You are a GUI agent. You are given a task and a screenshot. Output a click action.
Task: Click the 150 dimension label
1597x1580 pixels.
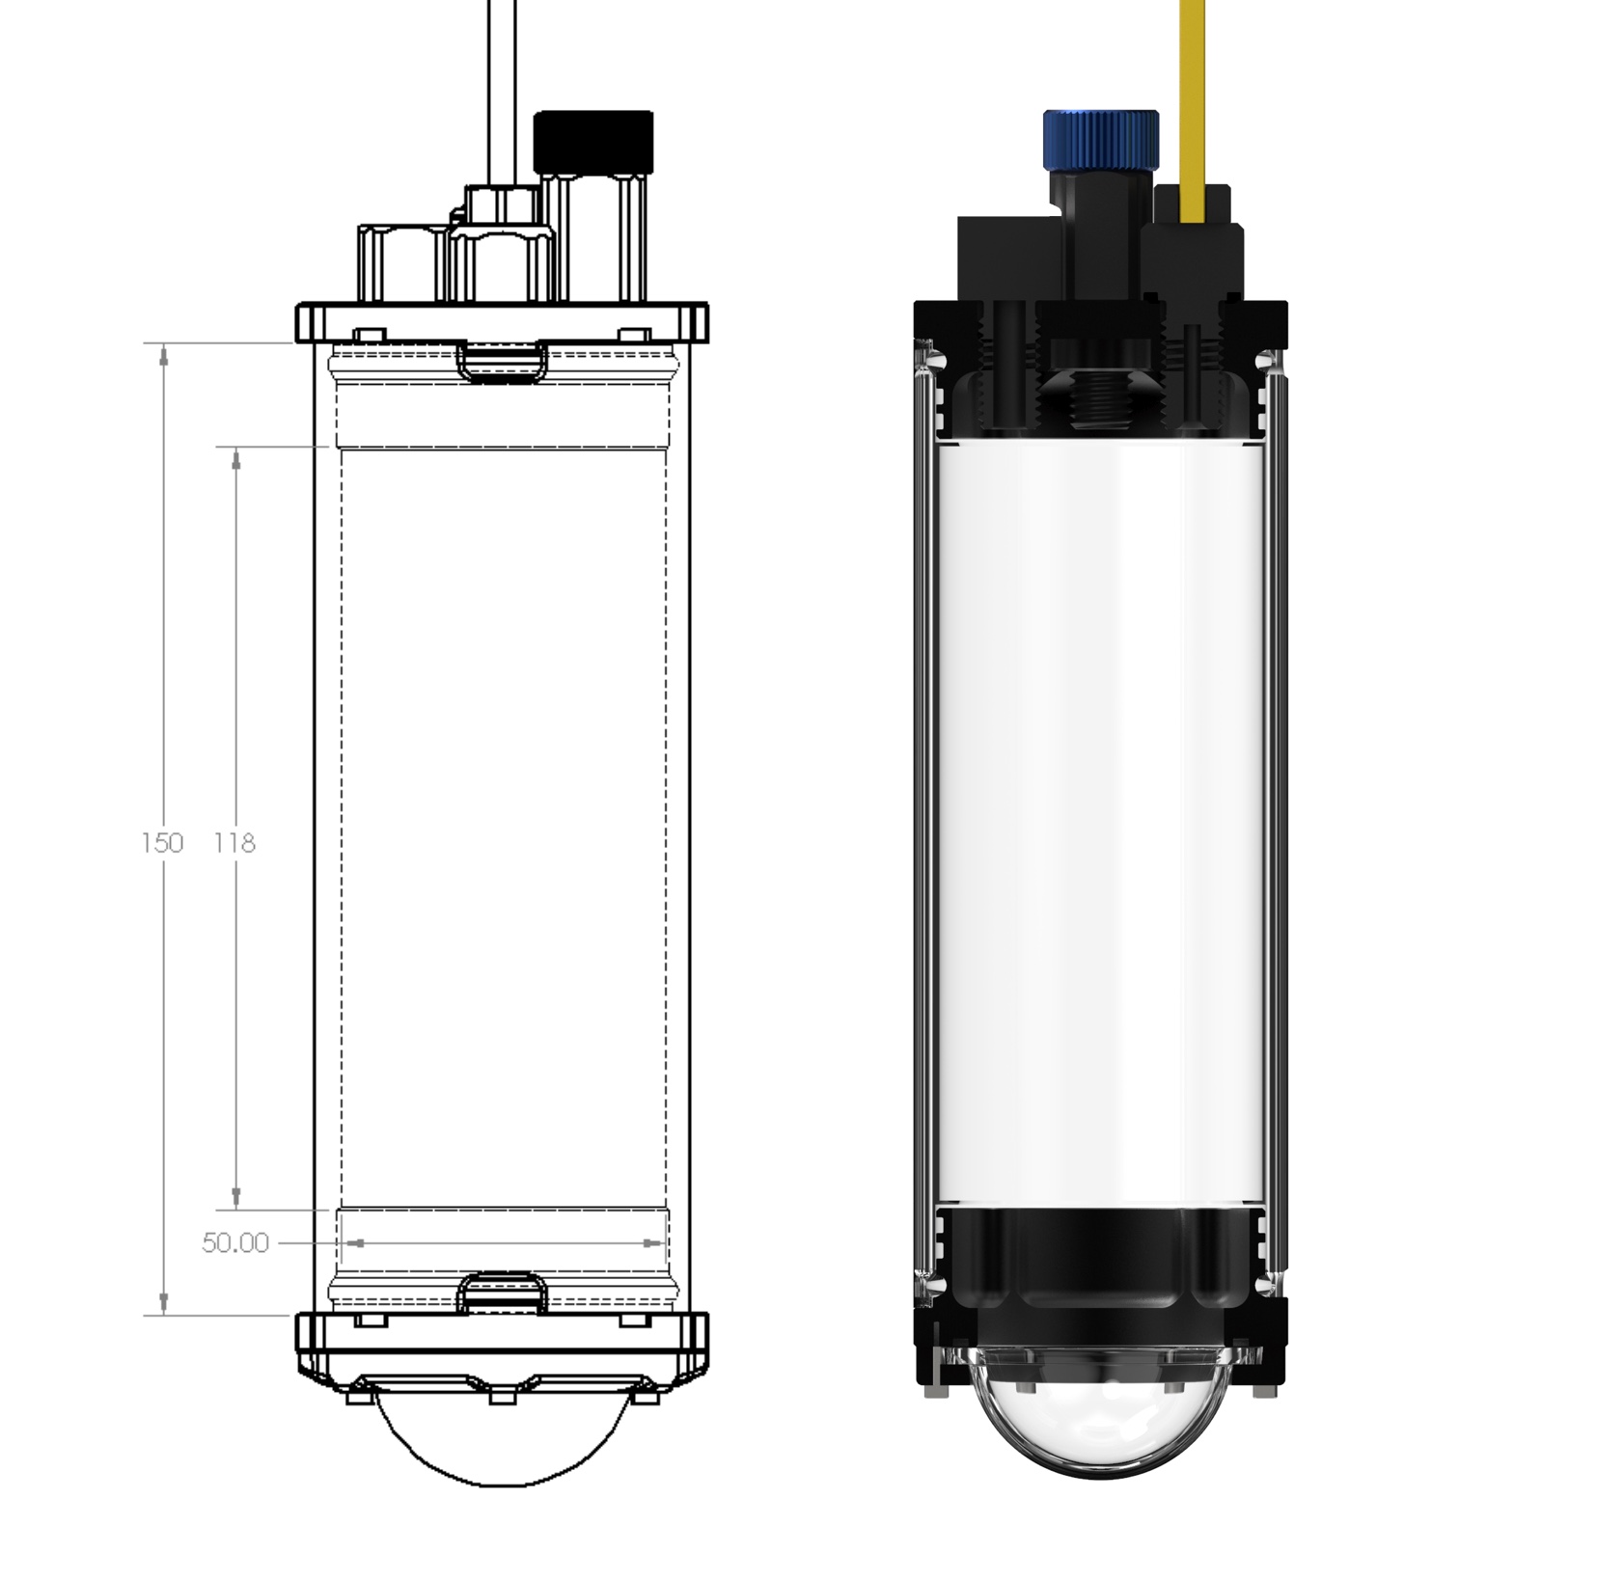(x=161, y=843)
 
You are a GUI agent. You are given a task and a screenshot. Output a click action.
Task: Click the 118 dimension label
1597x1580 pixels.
(x=234, y=843)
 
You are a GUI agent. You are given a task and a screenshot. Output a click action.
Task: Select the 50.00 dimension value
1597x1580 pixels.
(x=234, y=1243)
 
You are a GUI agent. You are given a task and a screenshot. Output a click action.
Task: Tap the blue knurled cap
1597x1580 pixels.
(x=1100, y=138)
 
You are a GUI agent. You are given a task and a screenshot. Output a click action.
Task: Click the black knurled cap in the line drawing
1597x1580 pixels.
(x=592, y=141)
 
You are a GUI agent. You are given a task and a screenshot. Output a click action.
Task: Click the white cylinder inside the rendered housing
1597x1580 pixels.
(x=1100, y=826)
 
